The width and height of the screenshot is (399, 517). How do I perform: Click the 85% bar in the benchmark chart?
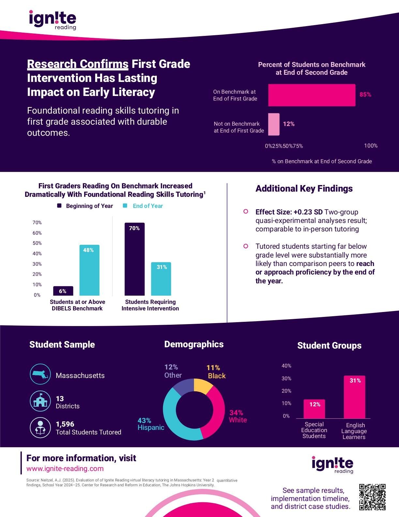pos(312,95)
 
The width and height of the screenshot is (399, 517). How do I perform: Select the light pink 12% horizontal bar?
pos(274,124)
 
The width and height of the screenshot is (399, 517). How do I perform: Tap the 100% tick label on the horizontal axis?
pos(371,146)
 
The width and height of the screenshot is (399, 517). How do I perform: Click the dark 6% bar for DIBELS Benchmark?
pos(63,291)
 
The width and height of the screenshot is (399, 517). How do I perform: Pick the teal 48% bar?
pos(89,270)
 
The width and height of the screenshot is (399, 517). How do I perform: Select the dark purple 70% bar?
pos(134,259)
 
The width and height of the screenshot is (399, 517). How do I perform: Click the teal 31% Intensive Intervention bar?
pos(161,279)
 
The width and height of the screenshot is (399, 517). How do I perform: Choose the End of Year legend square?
pos(125,206)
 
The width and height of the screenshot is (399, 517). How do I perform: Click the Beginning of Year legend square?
pos(59,206)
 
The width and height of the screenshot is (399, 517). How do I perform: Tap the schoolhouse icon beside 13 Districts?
pos(40,400)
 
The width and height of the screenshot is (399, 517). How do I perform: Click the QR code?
pos(372,497)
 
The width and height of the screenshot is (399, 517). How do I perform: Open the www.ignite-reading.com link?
pos(65,469)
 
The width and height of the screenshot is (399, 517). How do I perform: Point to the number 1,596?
pos(65,424)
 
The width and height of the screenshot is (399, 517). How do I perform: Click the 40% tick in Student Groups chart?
pos(286,366)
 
